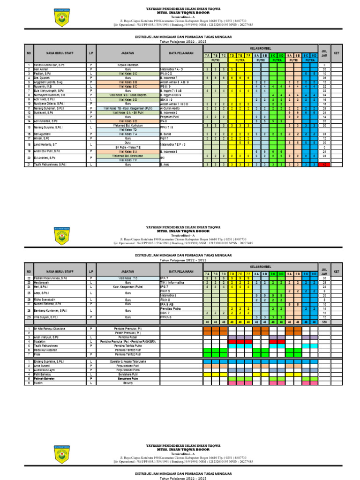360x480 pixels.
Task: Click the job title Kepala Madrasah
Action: [128, 65]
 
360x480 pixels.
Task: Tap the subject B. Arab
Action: [164, 165]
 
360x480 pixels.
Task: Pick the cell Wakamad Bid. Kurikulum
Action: [128, 125]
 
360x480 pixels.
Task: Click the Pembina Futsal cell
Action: [128, 337]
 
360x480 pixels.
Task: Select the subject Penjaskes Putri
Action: [169, 116]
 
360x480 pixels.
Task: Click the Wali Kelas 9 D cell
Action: [128, 99]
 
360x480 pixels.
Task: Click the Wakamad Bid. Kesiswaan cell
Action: [128, 156]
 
